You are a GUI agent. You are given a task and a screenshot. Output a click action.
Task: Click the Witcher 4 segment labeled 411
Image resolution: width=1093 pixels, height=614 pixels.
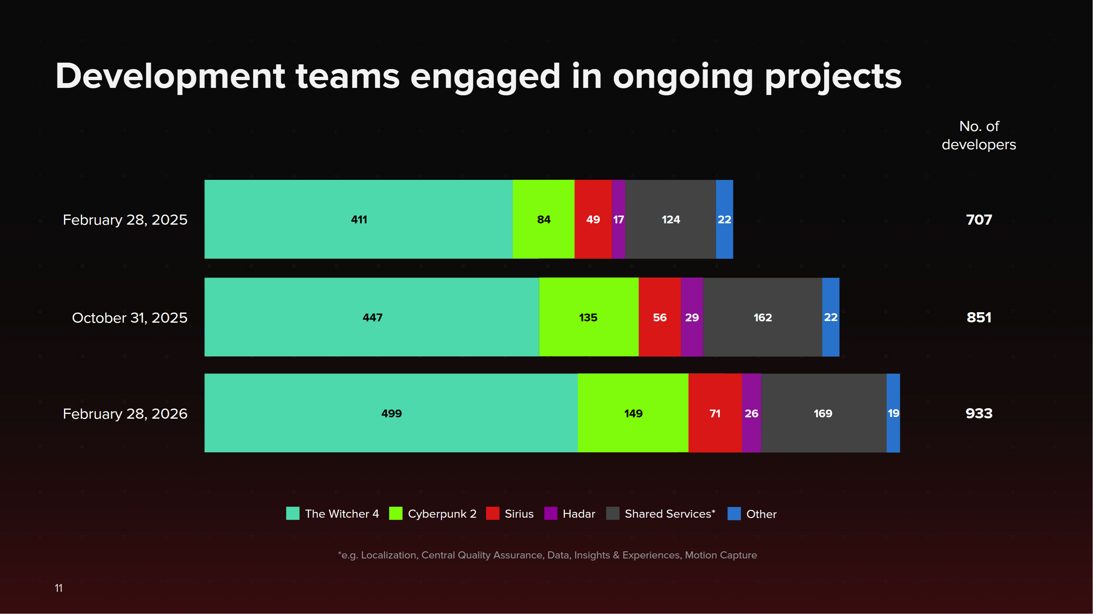(x=358, y=219)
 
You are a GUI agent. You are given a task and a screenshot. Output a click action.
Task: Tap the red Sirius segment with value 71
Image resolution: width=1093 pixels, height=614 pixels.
(x=715, y=413)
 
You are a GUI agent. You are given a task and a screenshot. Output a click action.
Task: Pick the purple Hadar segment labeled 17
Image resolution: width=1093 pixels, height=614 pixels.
(x=618, y=219)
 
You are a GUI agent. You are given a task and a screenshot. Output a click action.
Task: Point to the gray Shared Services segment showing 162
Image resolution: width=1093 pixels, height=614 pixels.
(x=762, y=317)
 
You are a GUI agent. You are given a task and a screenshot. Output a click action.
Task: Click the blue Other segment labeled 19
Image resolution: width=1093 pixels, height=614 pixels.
(x=893, y=413)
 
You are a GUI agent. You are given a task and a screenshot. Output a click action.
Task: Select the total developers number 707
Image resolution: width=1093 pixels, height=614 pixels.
(x=978, y=220)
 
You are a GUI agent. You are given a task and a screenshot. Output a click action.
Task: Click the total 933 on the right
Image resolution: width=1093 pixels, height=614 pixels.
(x=978, y=413)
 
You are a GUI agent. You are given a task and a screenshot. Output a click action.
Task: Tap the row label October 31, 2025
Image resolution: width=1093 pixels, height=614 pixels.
(x=129, y=318)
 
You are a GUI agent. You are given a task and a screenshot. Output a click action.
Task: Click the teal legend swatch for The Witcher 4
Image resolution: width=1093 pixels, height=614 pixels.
(x=293, y=514)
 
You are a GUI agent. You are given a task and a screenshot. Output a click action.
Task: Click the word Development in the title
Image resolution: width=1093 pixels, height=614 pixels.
(x=170, y=77)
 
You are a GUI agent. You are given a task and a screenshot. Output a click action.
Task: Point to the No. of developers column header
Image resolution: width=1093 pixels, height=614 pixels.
(x=978, y=135)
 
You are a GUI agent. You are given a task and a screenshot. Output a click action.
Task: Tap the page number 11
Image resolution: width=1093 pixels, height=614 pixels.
(x=59, y=588)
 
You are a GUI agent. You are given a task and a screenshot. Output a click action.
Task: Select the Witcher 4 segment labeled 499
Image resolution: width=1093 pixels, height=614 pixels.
(x=391, y=413)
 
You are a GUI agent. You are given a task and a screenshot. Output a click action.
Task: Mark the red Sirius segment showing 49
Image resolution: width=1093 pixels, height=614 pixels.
(x=593, y=219)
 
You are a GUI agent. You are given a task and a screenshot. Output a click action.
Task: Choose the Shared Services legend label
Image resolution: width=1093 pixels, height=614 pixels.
(x=669, y=514)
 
